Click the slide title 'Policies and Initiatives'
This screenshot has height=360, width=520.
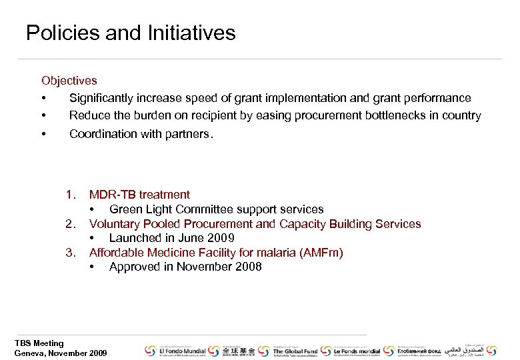coord(131,33)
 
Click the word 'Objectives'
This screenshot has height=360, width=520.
coord(69,81)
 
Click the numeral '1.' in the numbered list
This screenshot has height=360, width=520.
coord(71,195)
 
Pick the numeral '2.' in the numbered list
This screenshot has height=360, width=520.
coord(71,224)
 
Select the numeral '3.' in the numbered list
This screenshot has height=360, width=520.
coord(71,253)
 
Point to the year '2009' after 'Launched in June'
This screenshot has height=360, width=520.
coord(220,238)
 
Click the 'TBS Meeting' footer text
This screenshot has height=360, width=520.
coord(39,343)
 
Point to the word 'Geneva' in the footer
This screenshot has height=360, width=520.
coord(31,353)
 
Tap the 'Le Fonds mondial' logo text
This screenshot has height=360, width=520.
coord(357,351)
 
